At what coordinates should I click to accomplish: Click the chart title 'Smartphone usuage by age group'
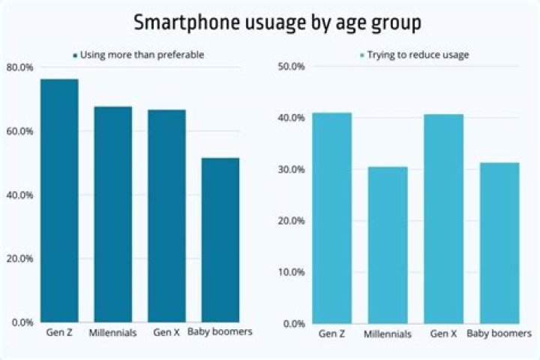click(277, 22)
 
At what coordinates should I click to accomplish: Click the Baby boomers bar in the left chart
click(220, 240)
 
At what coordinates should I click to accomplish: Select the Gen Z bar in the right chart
click(332, 217)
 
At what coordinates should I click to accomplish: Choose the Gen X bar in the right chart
click(444, 218)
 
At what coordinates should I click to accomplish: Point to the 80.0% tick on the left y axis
click(19, 67)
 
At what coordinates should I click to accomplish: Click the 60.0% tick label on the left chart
click(19, 131)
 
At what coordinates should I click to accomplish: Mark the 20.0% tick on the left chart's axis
click(19, 259)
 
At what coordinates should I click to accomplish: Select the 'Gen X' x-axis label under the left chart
click(166, 332)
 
